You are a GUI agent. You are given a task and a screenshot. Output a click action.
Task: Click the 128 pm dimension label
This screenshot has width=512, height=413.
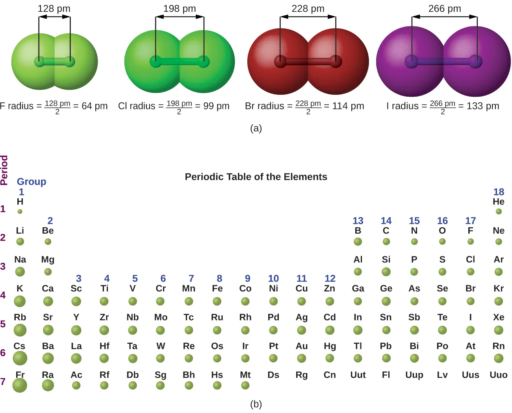click(x=54, y=9)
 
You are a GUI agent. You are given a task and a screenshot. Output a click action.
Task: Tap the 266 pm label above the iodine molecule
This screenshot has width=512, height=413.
click(x=445, y=9)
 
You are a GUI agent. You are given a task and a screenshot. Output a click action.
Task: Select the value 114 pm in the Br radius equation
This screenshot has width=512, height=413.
click(x=348, y=106)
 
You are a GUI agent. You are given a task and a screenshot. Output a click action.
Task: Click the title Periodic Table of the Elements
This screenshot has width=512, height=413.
click(x=256, y=177)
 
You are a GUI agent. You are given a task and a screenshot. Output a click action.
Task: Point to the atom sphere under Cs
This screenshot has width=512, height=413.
click(x=20, y=358)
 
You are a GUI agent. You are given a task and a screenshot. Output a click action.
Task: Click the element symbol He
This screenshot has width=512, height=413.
click(x=499, y=202)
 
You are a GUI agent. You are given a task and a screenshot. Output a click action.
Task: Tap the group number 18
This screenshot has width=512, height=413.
click(x=499, y=192)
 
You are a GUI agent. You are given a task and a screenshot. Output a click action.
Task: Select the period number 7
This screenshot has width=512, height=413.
click(x=3, y=382)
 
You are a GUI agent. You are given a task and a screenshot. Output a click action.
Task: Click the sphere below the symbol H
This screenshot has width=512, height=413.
click(x=20, y=212)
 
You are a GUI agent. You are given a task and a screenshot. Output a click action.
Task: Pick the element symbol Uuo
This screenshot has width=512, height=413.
click(x=499, y=375)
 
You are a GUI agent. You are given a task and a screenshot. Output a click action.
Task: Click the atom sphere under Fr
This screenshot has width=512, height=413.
click(x=20, y=385)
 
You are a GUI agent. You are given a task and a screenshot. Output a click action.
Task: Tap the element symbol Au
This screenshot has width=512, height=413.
click(x=302, y=346)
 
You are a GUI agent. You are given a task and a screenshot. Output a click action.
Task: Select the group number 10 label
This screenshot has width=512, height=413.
click(x=273, y=278)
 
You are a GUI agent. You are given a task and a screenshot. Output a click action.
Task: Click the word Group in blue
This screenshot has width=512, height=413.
click(x=32, y=182)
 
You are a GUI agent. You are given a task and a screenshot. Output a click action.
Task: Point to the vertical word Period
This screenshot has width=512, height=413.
click(x=4, y=170)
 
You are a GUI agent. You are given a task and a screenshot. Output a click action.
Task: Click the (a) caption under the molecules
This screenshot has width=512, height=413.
click(x=256, y=128)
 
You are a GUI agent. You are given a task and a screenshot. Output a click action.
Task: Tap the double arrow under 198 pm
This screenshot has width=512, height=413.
click(x=180, y=17)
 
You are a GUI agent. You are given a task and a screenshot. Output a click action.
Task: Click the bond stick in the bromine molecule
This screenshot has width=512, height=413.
click(x=308, y=62)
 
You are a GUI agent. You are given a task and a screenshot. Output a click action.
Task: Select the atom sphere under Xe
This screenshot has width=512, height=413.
click(x=499, y=330)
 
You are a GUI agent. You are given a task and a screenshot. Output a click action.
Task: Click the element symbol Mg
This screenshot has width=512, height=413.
click(x=48, y=260)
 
